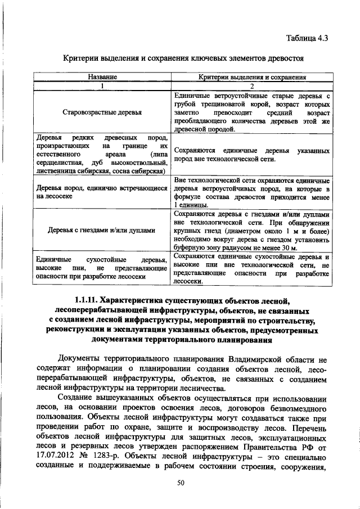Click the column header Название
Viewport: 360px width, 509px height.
click(102, 78)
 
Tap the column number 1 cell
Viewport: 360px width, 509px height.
click(102, 86)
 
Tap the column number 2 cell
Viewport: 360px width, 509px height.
click(252, 86)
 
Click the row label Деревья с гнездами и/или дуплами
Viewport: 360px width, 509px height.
click(102, 229)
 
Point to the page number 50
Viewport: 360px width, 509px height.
click(181, 483)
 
